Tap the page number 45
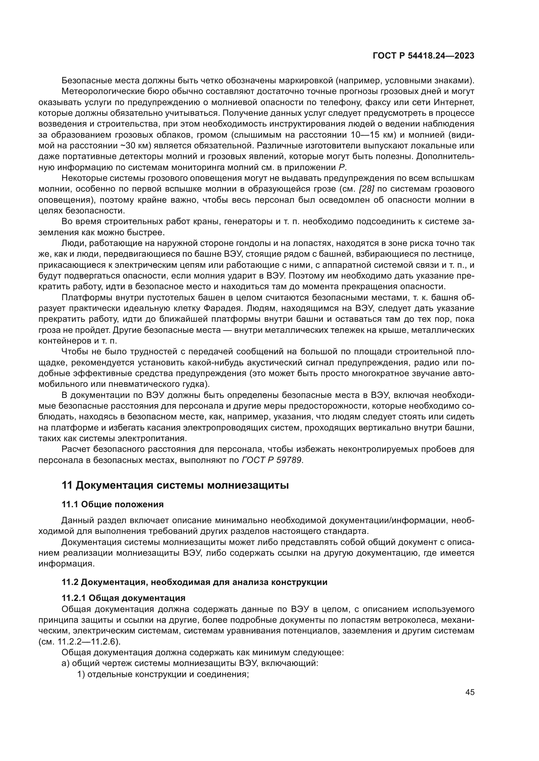pyautogui.click(x=470, y=692)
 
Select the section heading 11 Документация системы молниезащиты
pyautogui.click(x=175, y=485)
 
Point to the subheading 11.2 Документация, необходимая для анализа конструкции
pyautogui.click(x=195, y=582)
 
